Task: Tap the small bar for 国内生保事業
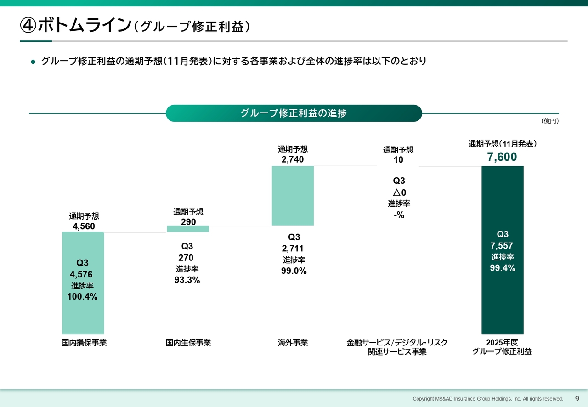click(187, 229)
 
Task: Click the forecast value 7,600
click(502, 158)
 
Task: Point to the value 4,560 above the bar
click(84, 226)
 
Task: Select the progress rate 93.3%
click(187, 280)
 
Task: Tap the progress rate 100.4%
click(82, 297)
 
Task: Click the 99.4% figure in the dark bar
click(502, 268)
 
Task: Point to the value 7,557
click(502, 246)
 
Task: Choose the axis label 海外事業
click(293, 343)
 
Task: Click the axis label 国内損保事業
click(84, 343)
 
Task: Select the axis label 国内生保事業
click(188, 343)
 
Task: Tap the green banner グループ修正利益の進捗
click(294, 113)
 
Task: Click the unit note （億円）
click(549, 121)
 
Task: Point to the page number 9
click(577, 398)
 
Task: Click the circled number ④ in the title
click(28, 26)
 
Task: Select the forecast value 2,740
click(293, 159)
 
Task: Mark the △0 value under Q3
click(399, 192)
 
